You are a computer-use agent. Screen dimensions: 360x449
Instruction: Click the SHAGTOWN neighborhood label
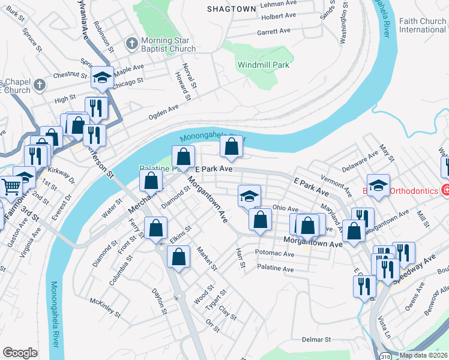[231, 9]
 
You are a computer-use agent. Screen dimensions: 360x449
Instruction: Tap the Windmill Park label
[264, 65]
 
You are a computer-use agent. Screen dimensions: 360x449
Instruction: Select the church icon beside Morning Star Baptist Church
[132, 43]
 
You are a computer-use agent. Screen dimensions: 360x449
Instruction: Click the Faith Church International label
[423, 25]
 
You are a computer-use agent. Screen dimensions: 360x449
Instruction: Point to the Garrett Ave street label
[274, 31]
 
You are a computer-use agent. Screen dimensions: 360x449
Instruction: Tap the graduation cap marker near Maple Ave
[102, 77]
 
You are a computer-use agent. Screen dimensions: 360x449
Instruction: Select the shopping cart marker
[11, 186]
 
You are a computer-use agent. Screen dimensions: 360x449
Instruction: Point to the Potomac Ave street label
[274, 254]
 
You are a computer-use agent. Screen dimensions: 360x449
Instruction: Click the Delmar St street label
[315, 340]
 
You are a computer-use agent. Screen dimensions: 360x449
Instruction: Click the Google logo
[20, 353]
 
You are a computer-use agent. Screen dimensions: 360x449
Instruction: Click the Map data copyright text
[423, 355]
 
